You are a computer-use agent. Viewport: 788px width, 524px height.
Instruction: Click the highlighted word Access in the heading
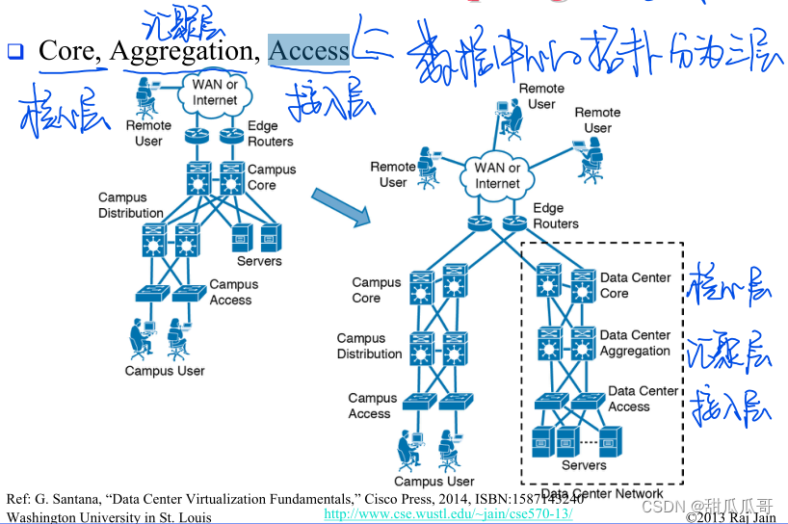click(308, 50)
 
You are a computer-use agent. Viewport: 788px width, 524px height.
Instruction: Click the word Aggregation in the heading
click(184, 50)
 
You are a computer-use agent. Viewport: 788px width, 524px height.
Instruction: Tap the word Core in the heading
click(66, 50)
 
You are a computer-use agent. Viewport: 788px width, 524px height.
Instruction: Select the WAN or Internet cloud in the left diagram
click(214, 92)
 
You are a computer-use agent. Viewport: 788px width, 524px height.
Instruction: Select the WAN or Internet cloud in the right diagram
click(497, 175)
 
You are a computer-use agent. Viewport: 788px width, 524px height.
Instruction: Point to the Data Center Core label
click(635, 285)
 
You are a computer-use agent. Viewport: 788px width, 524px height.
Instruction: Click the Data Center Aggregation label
click(635, 343)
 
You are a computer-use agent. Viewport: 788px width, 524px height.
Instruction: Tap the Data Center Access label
click(643, 399)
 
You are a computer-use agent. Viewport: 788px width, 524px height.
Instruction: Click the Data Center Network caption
click(600, 493)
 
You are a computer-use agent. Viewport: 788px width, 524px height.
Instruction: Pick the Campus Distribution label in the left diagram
click(130, 205)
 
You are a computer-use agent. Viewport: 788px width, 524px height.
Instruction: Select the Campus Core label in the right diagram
click(376, 290)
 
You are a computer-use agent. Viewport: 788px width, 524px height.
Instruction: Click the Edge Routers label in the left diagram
click(270, 133)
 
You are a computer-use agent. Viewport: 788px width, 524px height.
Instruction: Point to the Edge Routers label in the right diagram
click(556, 216)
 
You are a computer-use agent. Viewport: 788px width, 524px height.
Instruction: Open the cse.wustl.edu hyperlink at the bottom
click(448, 514)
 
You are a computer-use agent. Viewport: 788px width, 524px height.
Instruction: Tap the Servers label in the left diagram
click(259, 261)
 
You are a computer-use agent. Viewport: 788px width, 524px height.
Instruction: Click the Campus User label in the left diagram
click(165, 371)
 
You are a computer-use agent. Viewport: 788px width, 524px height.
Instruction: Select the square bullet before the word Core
click(14, 51)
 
